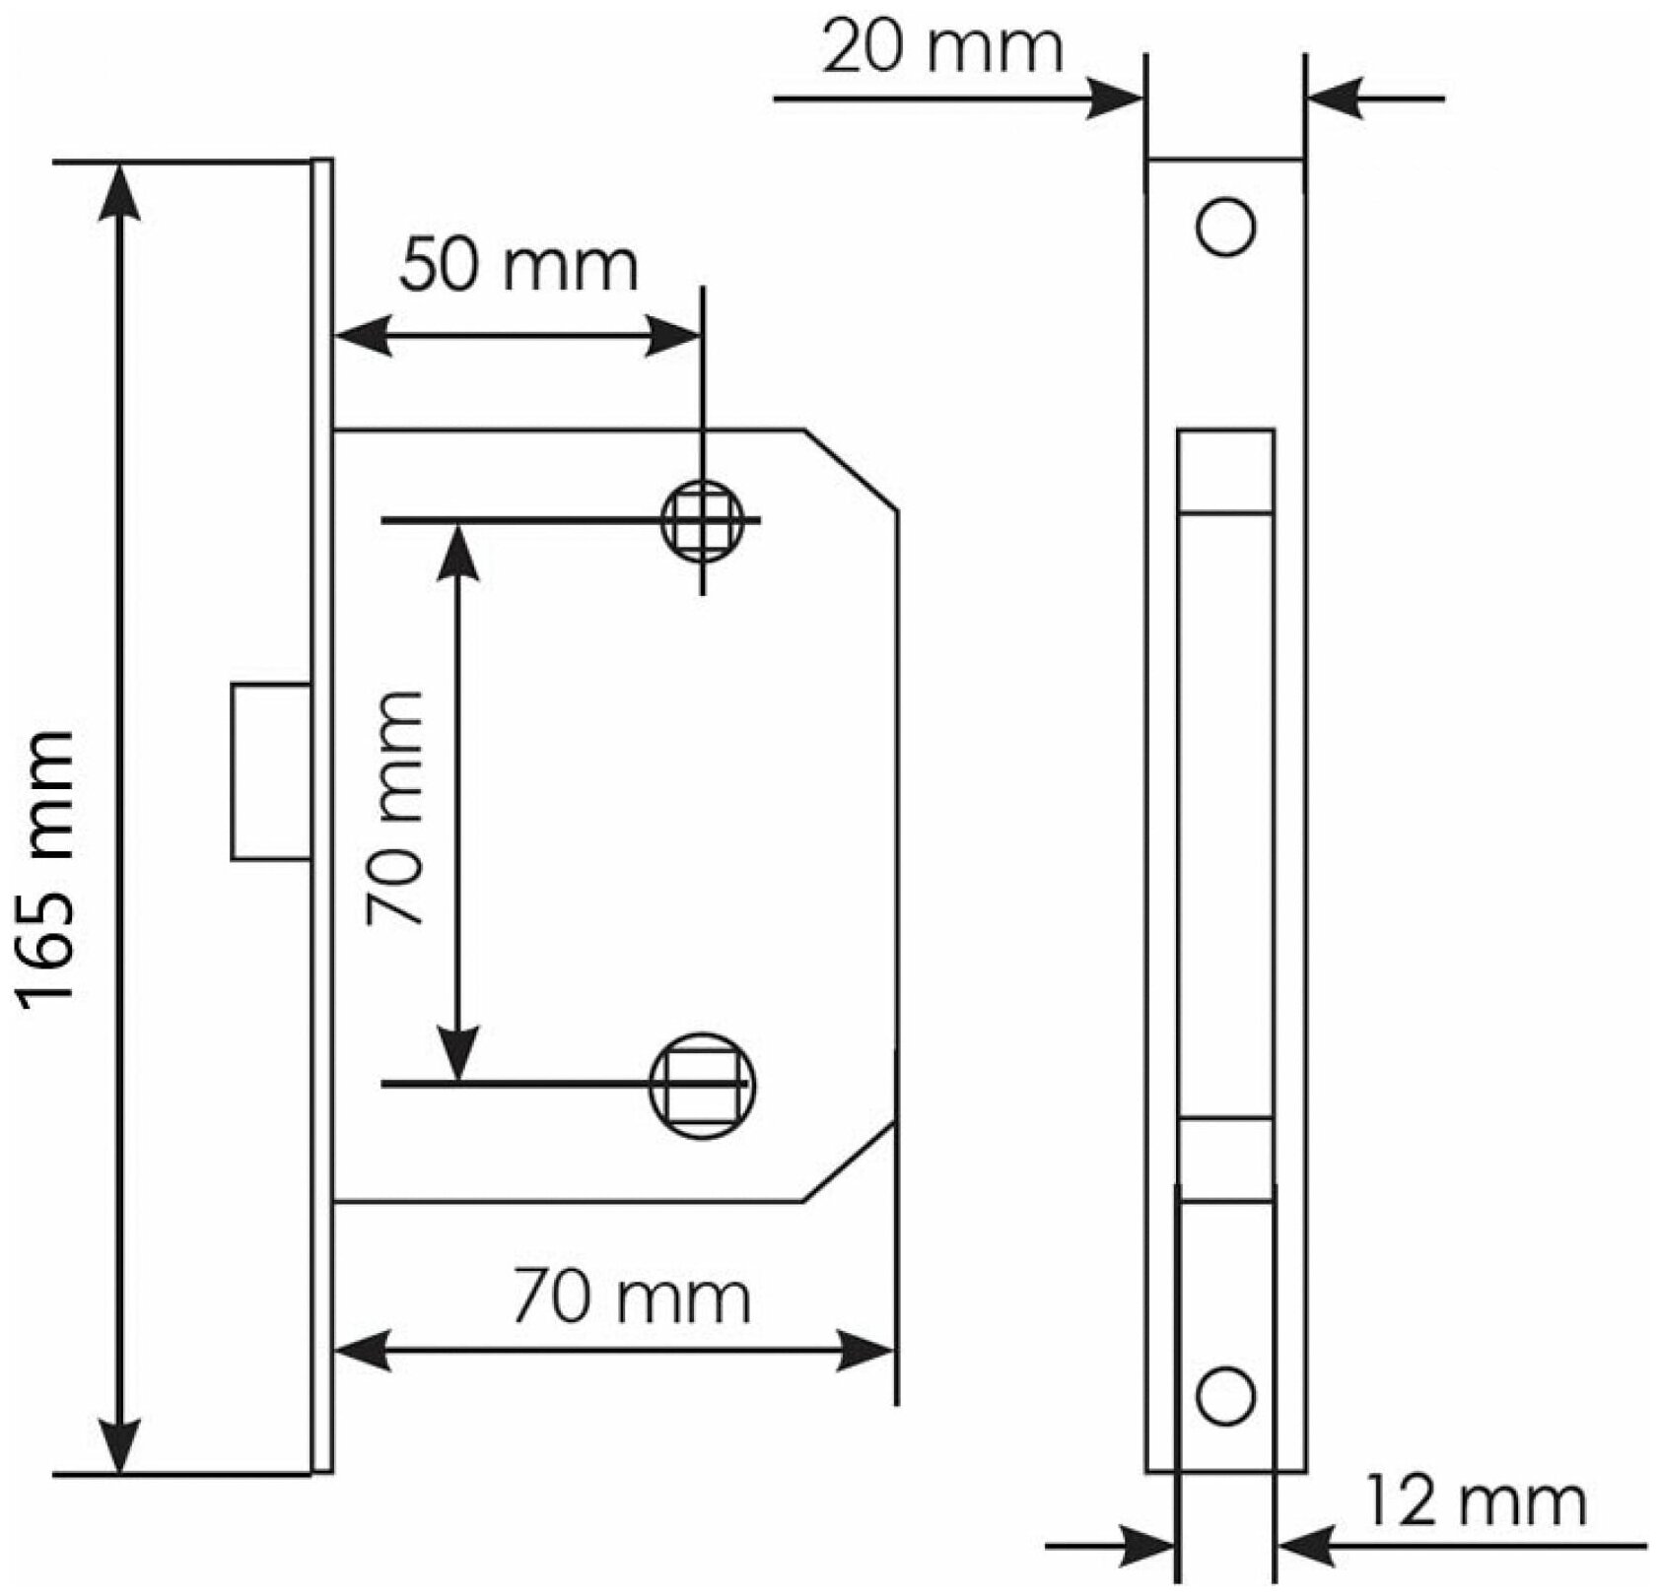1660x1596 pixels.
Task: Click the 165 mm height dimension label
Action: pos(47,867)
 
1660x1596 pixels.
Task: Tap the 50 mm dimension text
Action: pos(519,266)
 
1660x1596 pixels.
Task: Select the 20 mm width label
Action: pos(943,49)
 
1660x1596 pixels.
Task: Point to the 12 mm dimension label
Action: pos(1477,1502)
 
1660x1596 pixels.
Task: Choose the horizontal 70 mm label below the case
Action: pos(632,1298)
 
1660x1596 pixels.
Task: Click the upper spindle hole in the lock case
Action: pos(702,520)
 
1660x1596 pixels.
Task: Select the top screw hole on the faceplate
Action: pos(1225,228)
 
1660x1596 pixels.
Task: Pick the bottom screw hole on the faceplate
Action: pos(1225,1396)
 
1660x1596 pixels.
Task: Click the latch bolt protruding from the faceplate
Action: pos(271,771)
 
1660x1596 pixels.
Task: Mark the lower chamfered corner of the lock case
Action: pos(850,1163)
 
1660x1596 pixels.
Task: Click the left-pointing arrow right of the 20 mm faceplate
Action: pos(1336,99)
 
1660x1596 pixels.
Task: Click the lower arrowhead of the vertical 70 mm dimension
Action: pos(458,1052)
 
